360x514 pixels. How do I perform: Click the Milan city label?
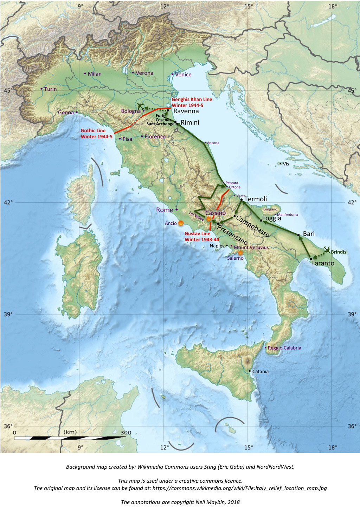coord(95,74)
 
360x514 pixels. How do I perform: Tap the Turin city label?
coord(50,89)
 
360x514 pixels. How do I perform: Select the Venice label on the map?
coord(183,75)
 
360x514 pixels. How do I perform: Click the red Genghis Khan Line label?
coord(192,102)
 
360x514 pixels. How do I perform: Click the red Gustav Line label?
coord(201,236)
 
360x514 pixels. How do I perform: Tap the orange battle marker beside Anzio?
coord(181,223)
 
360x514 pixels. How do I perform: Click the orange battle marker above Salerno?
coord(240,252)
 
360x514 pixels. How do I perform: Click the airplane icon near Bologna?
coord(140,106)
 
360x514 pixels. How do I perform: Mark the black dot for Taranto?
coord(311,259)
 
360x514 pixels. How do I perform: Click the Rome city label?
coord(165,210)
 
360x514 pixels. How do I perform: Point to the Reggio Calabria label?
coord(284,348)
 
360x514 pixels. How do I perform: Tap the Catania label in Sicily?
coord(260,372)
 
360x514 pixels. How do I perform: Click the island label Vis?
coord(286,164)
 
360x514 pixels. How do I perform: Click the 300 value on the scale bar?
coord(126,433)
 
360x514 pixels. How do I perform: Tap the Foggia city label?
coord(271,218)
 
